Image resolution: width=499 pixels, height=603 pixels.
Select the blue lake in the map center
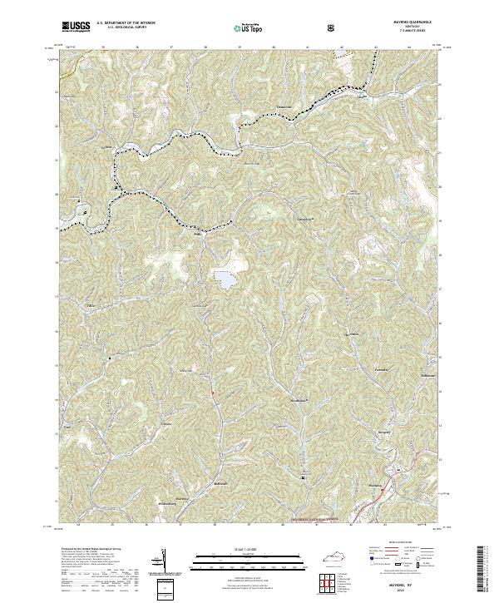225,280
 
